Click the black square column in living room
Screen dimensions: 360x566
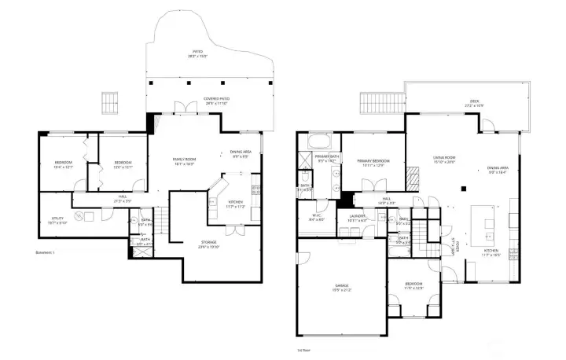coord(465,188)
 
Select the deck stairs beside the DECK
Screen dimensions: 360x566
coord(370,102)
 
